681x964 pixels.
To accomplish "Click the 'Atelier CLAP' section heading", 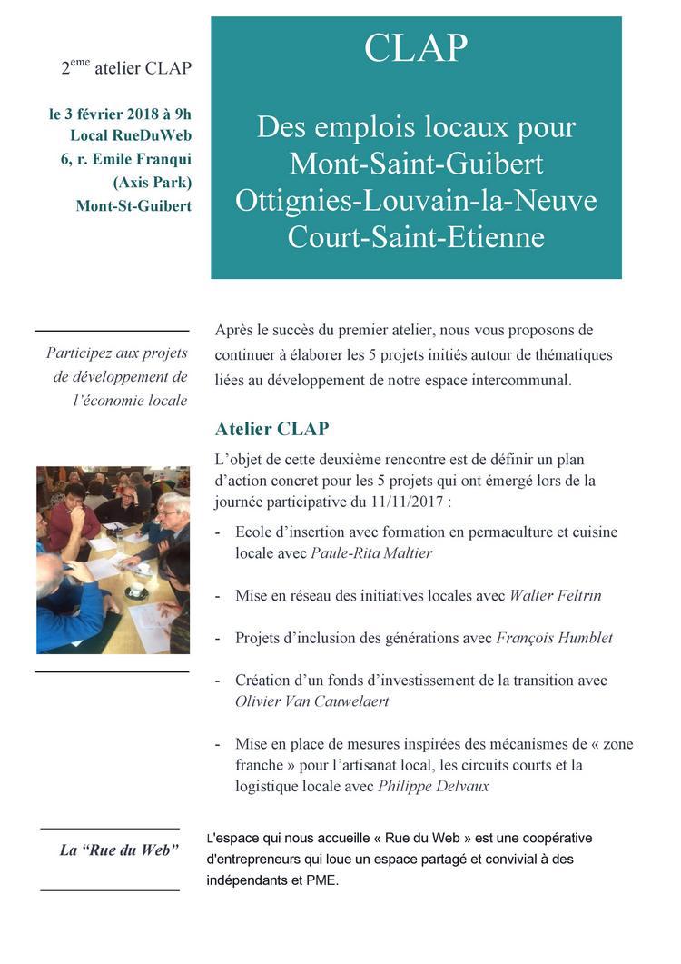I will tap(271, 428).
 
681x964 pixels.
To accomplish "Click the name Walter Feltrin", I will tap(555, 596).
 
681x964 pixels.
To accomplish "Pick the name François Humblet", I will tap(554, 638).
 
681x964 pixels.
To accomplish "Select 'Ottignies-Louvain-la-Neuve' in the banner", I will tap(416, 200).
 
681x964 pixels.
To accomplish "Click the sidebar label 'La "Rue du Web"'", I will tap(118, 850).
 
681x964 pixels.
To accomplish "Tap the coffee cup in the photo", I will tap(136, 591).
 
